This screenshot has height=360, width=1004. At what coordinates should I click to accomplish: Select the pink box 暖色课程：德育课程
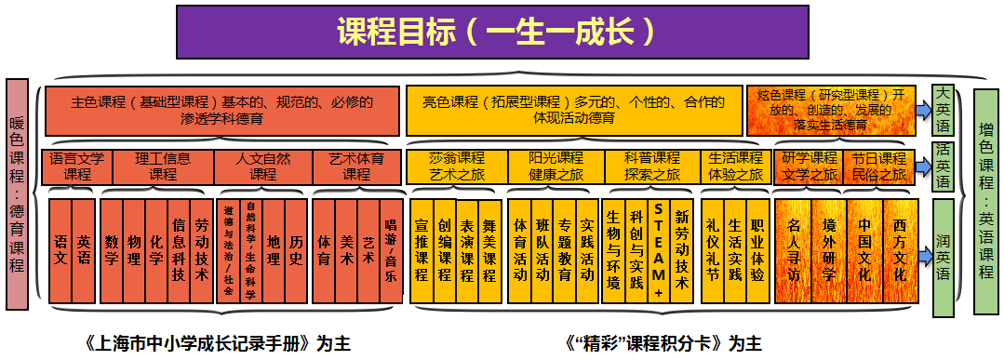coord(16,194)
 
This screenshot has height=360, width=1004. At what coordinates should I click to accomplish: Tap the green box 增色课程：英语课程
coord(985,200)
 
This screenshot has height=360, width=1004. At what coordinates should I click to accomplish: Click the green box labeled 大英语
coord(944,110)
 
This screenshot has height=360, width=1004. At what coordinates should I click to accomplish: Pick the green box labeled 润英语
coord(944,250)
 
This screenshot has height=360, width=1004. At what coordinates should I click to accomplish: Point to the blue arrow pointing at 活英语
coord(920,166)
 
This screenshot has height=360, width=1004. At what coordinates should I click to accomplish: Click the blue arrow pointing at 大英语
coord(920,110)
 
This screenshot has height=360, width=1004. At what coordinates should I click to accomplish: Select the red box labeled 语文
coord(60,250)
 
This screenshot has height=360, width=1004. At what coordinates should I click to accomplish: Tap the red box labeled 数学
coord(112,250)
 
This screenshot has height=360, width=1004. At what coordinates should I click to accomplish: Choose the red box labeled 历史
coord(296,250)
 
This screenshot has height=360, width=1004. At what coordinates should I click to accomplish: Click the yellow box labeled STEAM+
coord(658,248)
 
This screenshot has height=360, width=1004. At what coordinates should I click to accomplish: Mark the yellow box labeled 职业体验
coord(757,250)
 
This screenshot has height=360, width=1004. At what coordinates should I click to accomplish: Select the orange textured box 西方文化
coord(900,250)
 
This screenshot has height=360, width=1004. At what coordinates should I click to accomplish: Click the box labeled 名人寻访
coord(793,250)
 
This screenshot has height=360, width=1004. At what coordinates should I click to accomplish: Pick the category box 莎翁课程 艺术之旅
coord(457,166)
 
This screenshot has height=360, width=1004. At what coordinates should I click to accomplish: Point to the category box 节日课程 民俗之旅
coord(878,166)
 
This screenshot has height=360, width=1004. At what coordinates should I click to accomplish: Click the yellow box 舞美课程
coord(489,250)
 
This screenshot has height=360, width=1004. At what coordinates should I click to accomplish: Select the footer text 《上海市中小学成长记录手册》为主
coord(217,342)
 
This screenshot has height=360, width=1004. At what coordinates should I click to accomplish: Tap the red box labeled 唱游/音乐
coord(391,250)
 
